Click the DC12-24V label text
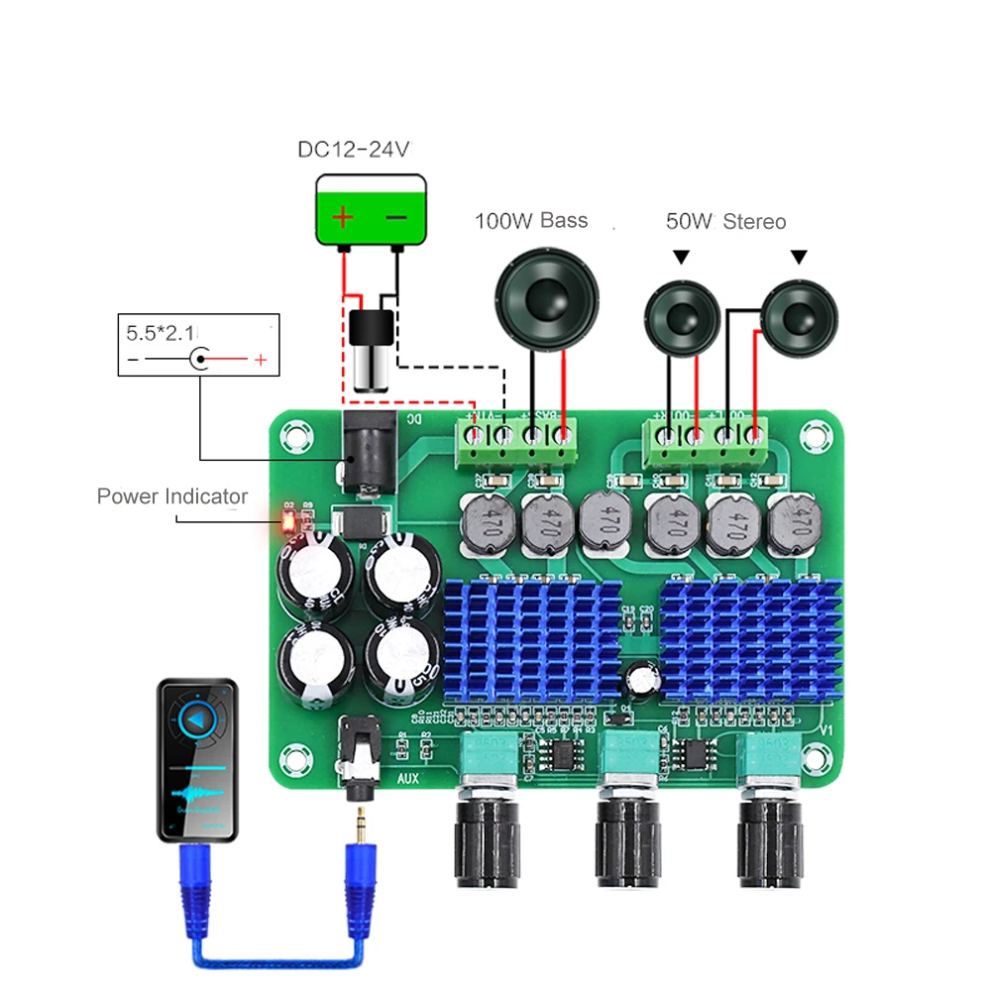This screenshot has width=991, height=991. (x=353, y=150)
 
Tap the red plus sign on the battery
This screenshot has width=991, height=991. (x=342, y=217)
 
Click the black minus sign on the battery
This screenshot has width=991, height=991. (x=395, y=217)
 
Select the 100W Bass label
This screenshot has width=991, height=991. (x=531, y=221)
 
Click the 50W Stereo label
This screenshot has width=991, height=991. (x=725, y=221)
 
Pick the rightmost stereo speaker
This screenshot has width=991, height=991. (x=800, y=319)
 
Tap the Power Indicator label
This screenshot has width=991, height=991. (x=172, y=496)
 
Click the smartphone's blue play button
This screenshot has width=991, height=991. (x=198, y=719)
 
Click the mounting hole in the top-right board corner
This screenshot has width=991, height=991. (x=818, y=433)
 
